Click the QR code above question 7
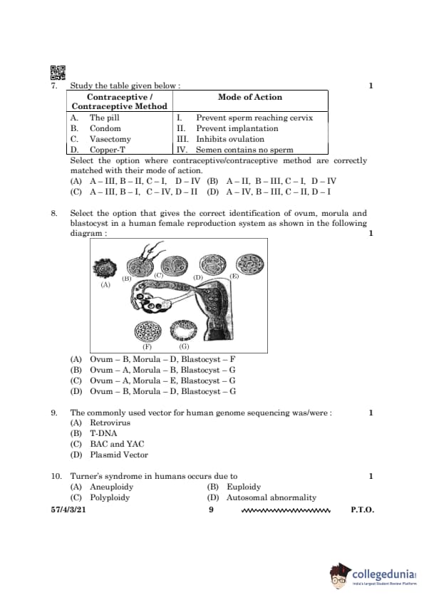58,73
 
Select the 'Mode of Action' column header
250,97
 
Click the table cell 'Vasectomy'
110,139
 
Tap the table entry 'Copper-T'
107,150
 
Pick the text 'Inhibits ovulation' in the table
230,139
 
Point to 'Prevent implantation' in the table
237,128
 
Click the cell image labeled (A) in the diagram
105,268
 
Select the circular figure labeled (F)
148,331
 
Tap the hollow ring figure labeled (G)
185,331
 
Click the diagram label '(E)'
234,276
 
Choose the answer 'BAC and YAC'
117,444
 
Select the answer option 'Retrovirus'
110,423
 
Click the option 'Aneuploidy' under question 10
111,487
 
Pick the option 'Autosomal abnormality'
272,497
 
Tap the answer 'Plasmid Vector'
119,455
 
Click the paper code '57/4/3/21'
68,510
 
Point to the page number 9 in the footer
211,510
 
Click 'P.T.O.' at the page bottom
363,510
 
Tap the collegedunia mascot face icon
340,576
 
